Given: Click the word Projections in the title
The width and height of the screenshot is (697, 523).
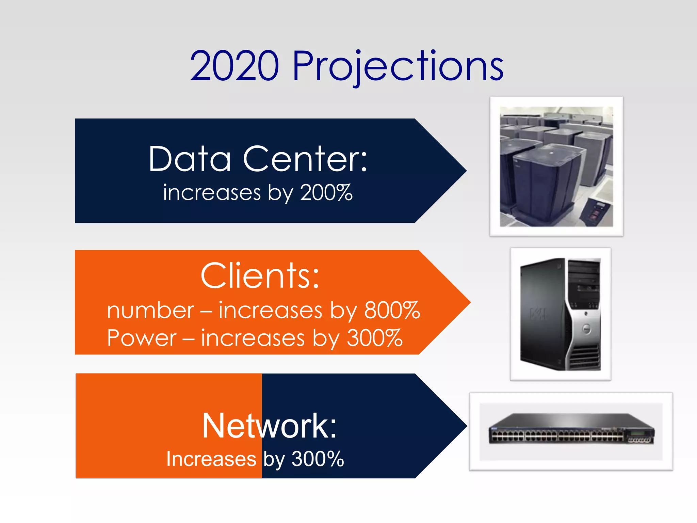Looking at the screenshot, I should click(398, 66).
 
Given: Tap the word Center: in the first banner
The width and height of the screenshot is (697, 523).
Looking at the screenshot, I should click(305, 159).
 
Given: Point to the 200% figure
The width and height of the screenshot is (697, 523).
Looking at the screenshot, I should click(326, 193).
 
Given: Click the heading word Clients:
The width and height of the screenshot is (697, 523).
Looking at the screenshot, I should click(260, 276).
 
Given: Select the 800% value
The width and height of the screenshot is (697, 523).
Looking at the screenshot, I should click(392, 310).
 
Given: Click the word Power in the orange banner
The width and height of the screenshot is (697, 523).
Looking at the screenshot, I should click(142, 338).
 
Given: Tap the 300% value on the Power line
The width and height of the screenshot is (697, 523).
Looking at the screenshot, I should click(374, 338).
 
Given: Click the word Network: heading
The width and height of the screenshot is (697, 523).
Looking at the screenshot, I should click(269, 426).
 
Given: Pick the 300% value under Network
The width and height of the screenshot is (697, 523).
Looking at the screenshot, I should click(318, 459).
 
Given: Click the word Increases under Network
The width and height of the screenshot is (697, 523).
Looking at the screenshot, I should click(211, 459).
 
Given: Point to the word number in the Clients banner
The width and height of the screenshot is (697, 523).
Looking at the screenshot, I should click(150, 311).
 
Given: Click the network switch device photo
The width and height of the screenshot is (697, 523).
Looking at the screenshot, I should click(571, 431).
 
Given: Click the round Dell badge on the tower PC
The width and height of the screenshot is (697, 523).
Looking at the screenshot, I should click(586, 329).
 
